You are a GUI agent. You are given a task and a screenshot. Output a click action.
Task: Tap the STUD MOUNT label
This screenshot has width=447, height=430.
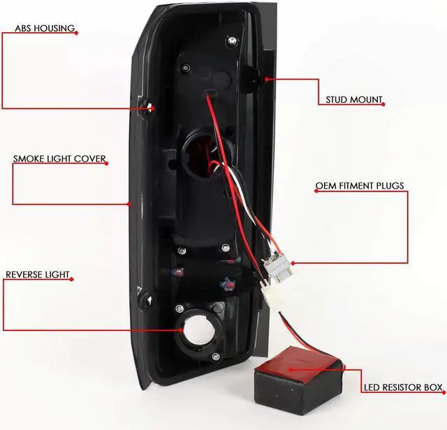[x=354, y=99]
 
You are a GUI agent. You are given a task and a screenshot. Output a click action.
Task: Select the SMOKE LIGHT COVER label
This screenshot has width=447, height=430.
[x=59, y=159]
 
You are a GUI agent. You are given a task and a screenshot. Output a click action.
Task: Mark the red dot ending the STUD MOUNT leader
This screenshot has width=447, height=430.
[x=266, y=78]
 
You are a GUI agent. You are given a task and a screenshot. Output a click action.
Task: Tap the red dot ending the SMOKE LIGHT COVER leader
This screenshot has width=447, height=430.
[x=129, y=204]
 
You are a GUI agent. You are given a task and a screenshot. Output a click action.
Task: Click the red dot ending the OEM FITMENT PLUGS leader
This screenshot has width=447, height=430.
[x=293, y=263]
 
